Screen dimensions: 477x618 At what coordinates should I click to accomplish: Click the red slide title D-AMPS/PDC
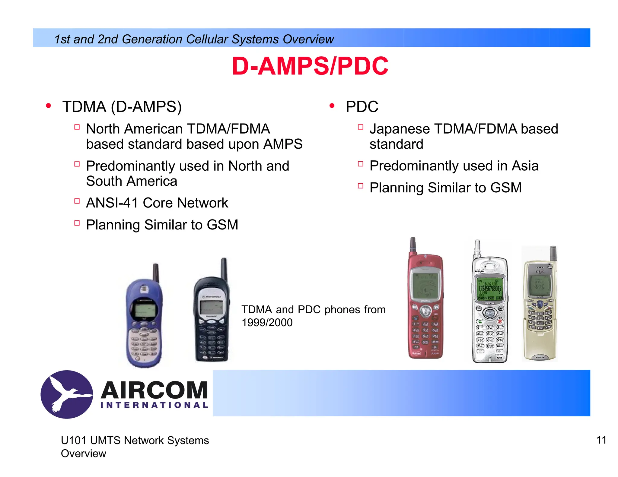[x=310, y=66]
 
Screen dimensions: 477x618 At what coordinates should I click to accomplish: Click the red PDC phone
[x=425, y=308]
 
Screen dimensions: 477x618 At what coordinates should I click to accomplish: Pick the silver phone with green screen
[x=489, y=311]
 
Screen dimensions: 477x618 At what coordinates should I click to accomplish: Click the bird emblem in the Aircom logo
[x=67, y=394]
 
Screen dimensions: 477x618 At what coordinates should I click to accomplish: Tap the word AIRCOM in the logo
[x=154, y=390]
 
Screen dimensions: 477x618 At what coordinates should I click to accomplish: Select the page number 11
[x=601, y=440]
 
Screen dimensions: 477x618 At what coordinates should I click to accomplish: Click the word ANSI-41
[x=112, y=203]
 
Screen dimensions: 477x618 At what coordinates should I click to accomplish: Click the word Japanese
[x=399, y=129]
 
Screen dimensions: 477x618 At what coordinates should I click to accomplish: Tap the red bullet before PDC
[x=332, y=106]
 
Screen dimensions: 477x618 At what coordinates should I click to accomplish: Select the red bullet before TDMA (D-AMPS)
[x=48, y=106]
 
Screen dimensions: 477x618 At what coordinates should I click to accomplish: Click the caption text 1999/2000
[x=267, y=323]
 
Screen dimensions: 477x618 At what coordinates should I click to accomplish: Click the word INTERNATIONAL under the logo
[x=154, y=405]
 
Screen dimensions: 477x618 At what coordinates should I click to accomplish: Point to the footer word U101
[x=74, y=441]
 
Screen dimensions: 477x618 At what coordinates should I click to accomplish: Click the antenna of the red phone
[x=413, y=245]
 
